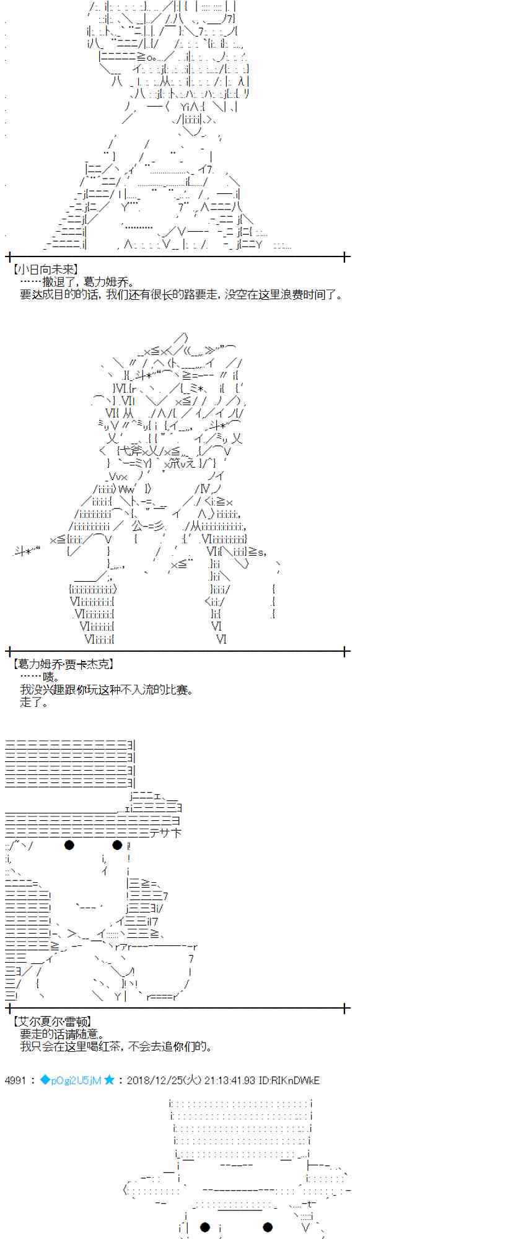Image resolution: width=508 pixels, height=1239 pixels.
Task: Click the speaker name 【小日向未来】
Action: pos(45,269)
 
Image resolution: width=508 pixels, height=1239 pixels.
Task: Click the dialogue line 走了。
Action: pos(34,702)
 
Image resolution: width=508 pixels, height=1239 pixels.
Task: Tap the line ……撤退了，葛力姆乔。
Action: pos(77,282)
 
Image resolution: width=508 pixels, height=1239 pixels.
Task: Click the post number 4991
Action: pos(15,1080)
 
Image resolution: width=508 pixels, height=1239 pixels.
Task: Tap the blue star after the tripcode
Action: pos(109,1080)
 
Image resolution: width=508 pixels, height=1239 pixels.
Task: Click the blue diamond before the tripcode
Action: pos(45,1080)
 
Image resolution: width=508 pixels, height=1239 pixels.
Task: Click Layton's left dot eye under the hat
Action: pos(69,845)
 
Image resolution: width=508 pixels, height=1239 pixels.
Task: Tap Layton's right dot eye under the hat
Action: pos(117,845)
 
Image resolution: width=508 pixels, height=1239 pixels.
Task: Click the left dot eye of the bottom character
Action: pos(204,1227)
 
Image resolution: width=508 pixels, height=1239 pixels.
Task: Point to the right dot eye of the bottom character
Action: pos(268,1227)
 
